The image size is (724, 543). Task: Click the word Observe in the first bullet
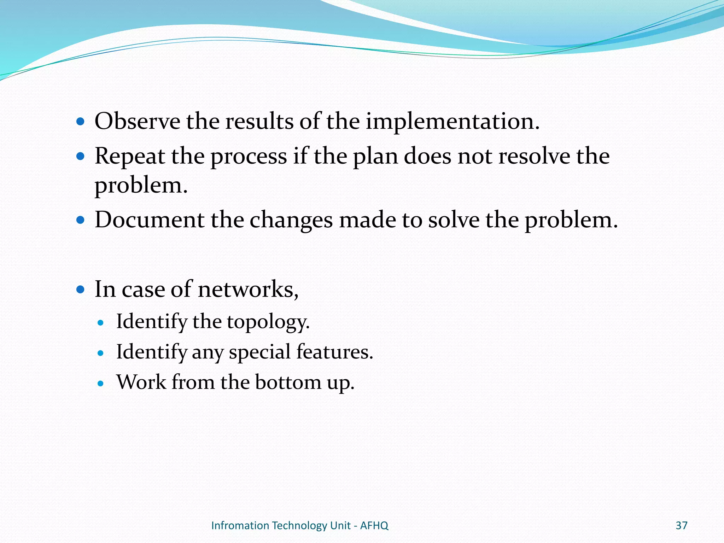137,121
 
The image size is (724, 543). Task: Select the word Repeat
129,157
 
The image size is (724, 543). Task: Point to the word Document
149,220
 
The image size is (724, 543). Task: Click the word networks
248,289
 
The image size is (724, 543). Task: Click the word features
334,352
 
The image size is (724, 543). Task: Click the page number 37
681,526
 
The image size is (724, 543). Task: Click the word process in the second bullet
249,157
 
